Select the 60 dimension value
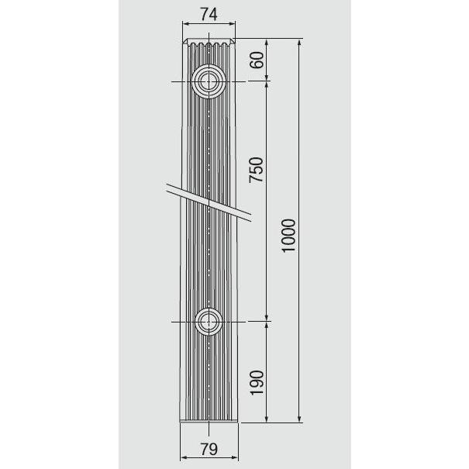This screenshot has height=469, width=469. (257, 60)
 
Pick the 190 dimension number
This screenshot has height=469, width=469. (257, 382)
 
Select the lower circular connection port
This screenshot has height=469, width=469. (208, 319)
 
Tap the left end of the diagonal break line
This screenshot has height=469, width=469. (167, 185)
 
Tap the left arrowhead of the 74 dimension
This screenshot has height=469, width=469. (184, 25)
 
